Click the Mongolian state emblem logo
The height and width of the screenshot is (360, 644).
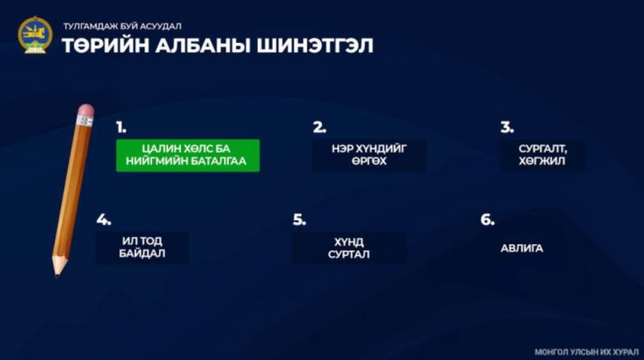35,35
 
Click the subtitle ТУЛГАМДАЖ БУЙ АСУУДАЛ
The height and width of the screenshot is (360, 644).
122,27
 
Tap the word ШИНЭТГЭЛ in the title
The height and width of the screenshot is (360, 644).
315,45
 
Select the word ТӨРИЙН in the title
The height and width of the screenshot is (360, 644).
105,45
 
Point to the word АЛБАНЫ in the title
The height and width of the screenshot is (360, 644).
203,45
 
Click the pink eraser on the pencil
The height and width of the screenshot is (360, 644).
86,110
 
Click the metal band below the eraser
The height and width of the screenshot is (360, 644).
85,122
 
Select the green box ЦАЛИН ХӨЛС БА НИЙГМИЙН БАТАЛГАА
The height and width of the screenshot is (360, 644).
188,155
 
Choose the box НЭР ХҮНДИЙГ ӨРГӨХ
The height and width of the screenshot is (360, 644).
369,155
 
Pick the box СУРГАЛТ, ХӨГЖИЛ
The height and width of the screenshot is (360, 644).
542,155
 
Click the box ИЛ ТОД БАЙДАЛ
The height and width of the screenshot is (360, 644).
142,247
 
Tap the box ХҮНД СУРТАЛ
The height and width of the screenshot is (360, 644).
349,248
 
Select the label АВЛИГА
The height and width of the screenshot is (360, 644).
522,248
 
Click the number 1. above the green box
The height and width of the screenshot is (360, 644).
121,127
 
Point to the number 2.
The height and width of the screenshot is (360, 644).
319,127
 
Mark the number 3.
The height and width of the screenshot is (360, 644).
507,127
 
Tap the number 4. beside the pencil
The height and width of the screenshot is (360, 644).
104,220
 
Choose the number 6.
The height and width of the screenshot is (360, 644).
487,220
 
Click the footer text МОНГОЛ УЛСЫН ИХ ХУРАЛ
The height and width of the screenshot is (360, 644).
587,352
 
